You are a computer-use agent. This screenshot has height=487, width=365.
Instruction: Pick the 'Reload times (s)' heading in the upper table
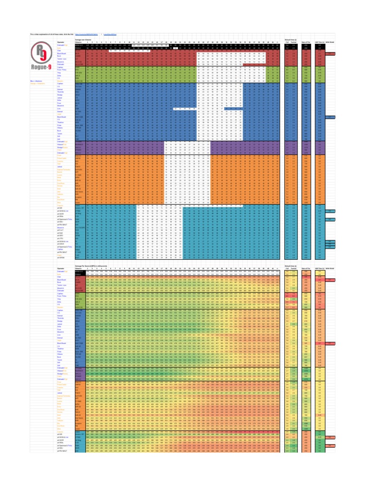290,39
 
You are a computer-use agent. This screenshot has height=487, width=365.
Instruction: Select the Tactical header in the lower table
294,269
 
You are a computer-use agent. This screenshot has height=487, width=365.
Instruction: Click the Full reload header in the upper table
287,42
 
